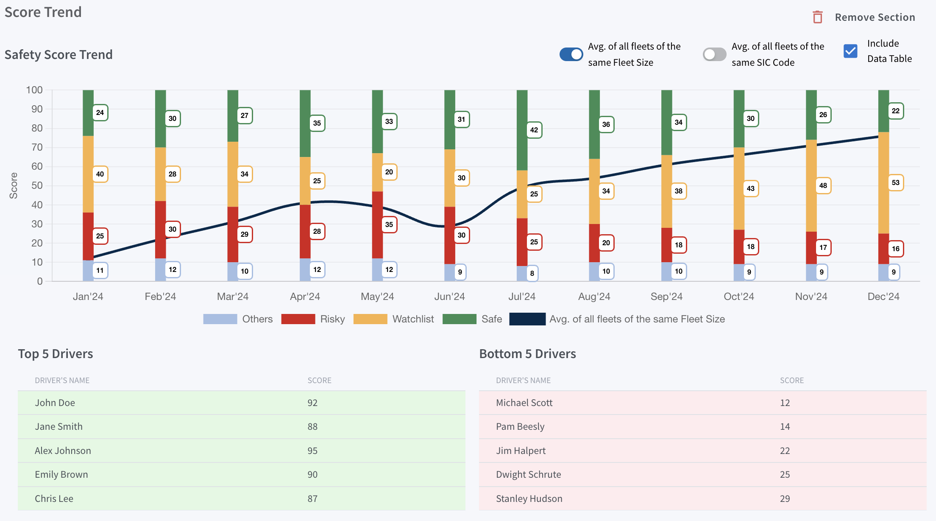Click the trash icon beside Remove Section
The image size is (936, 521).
(817, 17)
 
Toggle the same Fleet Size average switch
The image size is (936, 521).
(571, 54)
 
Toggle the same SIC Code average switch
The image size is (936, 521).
(714, 54)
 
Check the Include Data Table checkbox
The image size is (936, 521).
(850, 51)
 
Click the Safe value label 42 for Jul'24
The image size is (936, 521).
(534, 130)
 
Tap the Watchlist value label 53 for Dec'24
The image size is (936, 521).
(895, 182)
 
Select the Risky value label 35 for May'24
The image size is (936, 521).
(389, 224)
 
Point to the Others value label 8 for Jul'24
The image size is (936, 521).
(532, 273)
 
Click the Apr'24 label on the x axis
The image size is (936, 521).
(305, 297)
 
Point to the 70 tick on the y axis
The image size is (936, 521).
(37, 147)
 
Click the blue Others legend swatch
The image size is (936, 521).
(220, 319)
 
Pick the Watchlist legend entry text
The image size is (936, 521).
(413, 319)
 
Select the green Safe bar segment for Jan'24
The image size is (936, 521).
(88, 113)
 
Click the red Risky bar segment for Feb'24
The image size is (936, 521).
(160, 230)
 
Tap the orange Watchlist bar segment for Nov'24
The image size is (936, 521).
(811, 185)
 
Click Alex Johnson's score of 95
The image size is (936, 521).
(312, 451)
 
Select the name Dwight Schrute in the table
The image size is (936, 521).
(528, 474)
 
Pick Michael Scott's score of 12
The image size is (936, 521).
(785, 403)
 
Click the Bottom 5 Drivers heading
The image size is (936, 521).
(527, 354)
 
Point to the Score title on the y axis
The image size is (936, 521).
(14, 185)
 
